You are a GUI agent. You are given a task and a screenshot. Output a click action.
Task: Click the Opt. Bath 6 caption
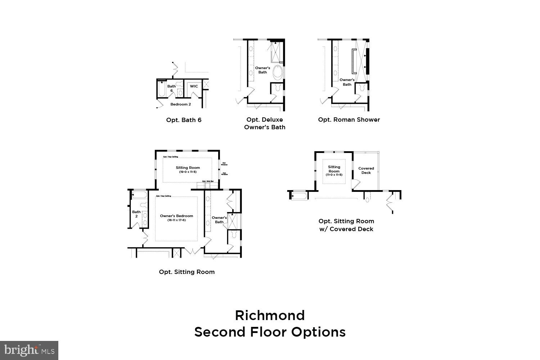(184, 120)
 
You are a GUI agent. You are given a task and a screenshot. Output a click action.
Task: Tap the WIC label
(194, 86)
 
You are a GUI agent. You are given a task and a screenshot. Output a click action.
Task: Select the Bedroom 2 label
(180, 104)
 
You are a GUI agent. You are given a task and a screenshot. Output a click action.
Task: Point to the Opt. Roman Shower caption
(349, 120)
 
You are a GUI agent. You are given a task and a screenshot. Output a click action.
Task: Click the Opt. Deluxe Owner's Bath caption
(265, 123)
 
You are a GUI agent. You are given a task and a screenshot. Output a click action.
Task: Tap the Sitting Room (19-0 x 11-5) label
(188, 170)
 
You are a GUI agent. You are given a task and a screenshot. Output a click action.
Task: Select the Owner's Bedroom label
(176, 218)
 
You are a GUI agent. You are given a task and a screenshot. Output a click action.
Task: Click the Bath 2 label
(136, 214)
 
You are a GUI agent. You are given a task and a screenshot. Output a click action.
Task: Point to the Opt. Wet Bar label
(208, 181)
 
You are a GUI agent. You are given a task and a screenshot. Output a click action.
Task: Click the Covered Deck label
(366, 170)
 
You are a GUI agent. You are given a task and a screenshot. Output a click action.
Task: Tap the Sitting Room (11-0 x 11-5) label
(334, 170)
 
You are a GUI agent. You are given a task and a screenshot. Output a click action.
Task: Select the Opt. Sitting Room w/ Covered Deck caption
(346, 225)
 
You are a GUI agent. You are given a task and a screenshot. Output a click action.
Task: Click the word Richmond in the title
(270, 315)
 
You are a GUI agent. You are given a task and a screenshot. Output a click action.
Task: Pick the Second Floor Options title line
(270, 332)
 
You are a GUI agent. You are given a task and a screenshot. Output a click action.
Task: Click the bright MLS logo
(29, 350)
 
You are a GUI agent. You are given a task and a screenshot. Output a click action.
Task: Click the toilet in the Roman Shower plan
(362, 88)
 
